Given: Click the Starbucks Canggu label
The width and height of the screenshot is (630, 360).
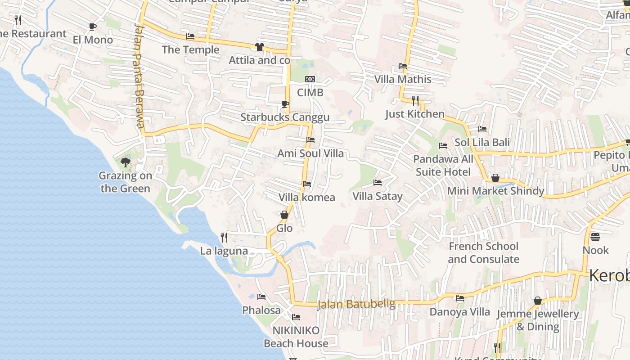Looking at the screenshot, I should pyautogui.click(x=284, y=117).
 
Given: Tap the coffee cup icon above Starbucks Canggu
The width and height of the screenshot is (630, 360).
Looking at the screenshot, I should pyautogui.click(x=285, y=104).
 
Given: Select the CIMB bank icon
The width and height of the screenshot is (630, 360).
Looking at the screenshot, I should pyautogui.click(x=310, y=79).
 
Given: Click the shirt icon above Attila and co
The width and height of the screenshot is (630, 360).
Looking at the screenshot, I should pyautogui.click(x=259, y=46).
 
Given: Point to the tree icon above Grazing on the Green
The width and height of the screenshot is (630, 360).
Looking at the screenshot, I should pyautogui.click(x=126, y=162).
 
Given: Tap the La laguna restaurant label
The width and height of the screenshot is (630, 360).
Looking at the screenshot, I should pyautogui.click(x=224, y=251).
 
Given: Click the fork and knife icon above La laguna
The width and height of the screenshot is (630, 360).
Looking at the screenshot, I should pyautogui.click(x=224, y=237).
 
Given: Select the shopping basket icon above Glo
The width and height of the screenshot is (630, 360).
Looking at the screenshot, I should pyautogui.click(x=284, y=215).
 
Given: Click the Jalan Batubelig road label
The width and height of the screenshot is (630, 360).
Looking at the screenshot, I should pyautogui.click(x=356, y=304).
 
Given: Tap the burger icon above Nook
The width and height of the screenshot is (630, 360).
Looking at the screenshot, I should pyautogui.click(x=595, y=237).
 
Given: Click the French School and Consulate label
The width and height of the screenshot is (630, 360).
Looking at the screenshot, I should pyautogui.click(x=483, y=252).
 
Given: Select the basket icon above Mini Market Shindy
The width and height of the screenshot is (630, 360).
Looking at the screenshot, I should pyautogui.click(x=495, y=178).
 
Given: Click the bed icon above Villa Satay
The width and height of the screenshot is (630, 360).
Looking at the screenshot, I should pyautogui.click(x=378, y=183).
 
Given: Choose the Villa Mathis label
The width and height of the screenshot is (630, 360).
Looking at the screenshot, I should pyautogui.click(x=403, y=79).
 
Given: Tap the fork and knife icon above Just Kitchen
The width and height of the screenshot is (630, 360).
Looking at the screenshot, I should pyautogui.click(x=415, y=100).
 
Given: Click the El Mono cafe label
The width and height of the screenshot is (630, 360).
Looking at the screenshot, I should pyautogui.click(x=93, y=40).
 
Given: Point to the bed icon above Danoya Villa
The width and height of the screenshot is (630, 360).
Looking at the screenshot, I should pyautogui.click(x=459, y=298).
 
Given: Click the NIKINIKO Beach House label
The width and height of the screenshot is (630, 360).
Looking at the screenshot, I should pyautogui.click(x=296, y=337).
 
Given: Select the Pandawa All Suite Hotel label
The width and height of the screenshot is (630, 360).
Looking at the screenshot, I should pyautogui.click(x=443, y=165).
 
